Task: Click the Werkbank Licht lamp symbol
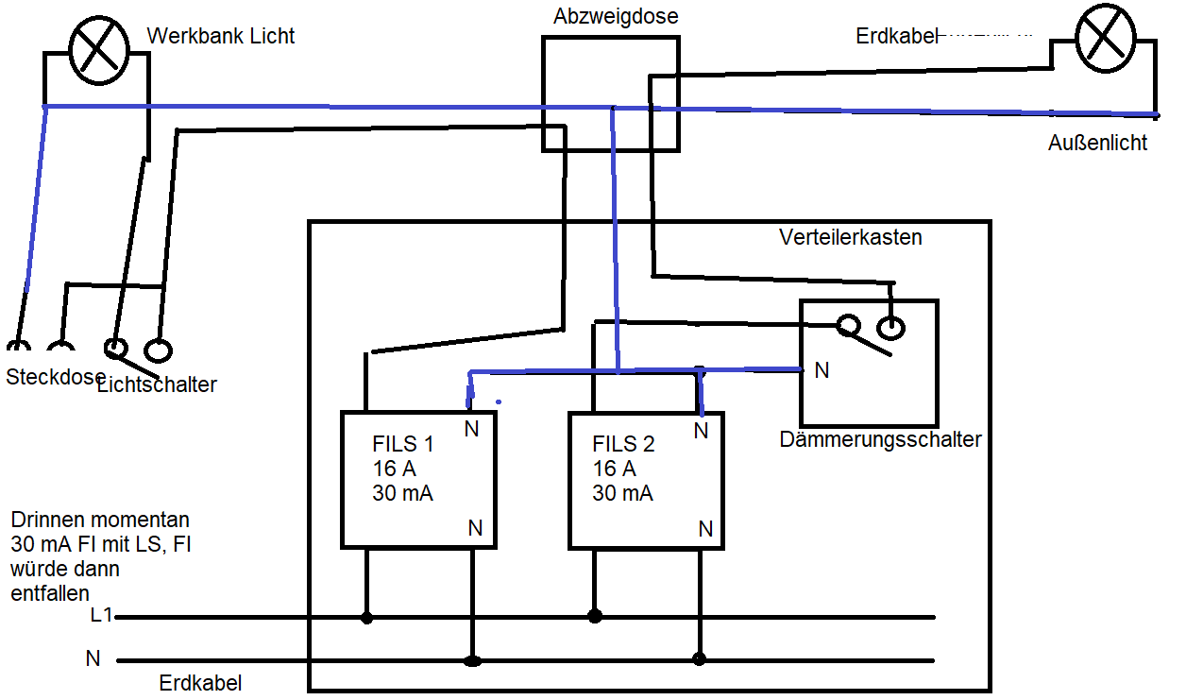tap(99, 50)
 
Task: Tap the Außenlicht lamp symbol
tap(1105, 38)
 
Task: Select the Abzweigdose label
tap(616, 16)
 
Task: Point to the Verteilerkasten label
tap(851, 237)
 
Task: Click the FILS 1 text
tap(403, 444)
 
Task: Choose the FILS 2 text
tap(623, 444)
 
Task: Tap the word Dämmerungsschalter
tap(880, 439)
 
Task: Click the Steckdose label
tap(56, 377)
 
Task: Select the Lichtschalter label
tap(158, 384)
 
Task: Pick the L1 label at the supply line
tap(101, 615)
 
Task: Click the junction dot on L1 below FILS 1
tap(366, 618)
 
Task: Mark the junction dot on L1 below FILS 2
tap(595, 616)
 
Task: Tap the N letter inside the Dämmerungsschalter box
tap(822, 370)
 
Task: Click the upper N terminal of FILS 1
tap(471, 429)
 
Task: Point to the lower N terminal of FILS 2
tap(705, 529)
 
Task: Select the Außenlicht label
tap(1097, 143)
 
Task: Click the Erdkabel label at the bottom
tap(200, 683)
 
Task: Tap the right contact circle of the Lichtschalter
tap(158, 350)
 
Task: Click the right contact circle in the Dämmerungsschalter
tap(890, 329)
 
